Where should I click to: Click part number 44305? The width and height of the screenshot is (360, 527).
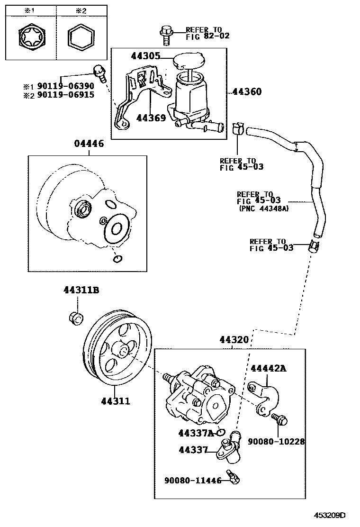click(x=145, y=56)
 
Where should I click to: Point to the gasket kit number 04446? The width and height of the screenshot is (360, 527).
click(x=89, y=144)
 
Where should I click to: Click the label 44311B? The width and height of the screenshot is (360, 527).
click(x=81, y=291)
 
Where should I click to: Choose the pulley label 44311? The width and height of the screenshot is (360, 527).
click(x=115, y=401)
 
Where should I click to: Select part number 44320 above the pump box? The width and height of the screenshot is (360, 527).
click(x=234, y=340)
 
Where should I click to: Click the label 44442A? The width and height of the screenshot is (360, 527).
click(x=269, y=369)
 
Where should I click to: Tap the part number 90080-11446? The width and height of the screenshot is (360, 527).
click(x=193, y=480)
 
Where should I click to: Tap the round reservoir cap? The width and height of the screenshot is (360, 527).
click(x=189, y=62)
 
